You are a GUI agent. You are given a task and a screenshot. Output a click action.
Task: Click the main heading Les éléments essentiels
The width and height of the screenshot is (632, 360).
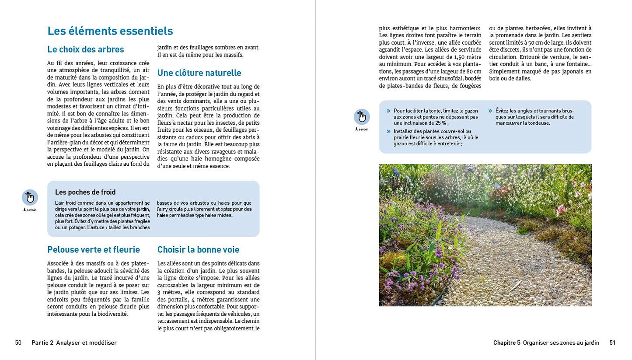tap(110, 31)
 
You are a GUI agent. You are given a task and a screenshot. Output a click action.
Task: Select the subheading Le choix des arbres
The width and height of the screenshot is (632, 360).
tap(86, 49)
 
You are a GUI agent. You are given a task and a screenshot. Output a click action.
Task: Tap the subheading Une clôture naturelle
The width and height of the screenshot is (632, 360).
tap(199, 73)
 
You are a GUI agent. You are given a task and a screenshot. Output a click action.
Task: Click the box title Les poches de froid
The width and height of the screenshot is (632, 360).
tap(85, 192)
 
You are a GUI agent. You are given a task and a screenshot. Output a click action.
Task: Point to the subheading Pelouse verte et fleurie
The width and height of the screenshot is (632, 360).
tap(94, 250)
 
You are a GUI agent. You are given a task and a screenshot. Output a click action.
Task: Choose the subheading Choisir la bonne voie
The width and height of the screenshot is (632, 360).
tap(198, 250)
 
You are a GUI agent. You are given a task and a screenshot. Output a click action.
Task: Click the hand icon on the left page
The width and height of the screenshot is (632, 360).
tap(30, 197)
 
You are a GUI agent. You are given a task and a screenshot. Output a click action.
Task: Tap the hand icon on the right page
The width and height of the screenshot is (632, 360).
tap(362, 117)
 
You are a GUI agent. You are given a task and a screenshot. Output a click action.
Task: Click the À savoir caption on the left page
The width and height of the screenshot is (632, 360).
tap(30, 210)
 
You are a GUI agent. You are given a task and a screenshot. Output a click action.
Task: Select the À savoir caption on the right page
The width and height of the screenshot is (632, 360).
tap(362, 129)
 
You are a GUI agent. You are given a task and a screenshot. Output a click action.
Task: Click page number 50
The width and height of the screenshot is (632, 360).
tap(18, 343)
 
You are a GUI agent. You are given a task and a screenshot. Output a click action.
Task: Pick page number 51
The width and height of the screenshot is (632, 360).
tap(612, 343)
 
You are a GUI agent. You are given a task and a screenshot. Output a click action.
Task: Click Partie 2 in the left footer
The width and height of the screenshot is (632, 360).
tap(42, 343)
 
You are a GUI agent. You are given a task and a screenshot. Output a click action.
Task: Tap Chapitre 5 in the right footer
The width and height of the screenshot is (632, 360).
tap(507, 343)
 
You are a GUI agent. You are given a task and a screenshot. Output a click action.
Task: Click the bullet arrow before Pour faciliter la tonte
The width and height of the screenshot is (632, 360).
tap(388, 111)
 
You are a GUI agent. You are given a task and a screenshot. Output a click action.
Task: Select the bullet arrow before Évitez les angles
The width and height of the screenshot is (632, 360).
tap(491, 111)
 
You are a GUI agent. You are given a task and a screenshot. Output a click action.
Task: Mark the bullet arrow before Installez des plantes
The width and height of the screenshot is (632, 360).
tap(388, 131)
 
